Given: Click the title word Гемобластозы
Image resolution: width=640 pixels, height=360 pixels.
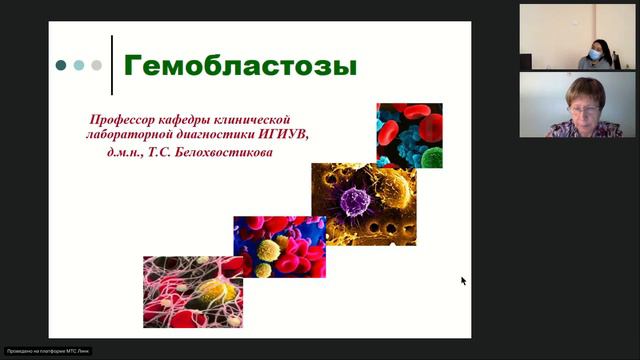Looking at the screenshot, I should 239,68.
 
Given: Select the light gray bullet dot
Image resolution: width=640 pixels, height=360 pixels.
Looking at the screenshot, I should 97,65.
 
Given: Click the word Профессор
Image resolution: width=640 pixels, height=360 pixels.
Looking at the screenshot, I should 124,119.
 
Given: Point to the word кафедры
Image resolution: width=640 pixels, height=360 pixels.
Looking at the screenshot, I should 188,119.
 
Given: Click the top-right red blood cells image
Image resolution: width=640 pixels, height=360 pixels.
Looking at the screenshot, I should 409,136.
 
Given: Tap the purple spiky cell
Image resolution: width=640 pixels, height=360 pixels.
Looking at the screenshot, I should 355,201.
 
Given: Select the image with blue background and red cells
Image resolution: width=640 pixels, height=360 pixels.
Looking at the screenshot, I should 279,247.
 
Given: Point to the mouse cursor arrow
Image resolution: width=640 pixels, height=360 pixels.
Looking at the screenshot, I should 463,281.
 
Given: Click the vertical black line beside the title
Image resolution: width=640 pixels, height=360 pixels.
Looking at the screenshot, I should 112,65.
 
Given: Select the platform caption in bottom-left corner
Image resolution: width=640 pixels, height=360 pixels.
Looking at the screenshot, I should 39,352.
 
